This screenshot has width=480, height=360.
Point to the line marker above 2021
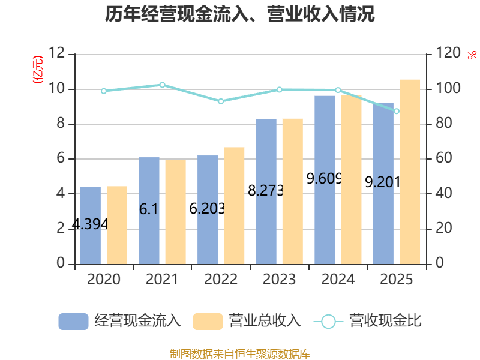click(162, 85)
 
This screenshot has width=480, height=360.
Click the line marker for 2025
click(396, 111)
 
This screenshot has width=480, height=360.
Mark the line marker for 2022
click(221, 101)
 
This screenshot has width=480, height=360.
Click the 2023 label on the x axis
click(279, 280)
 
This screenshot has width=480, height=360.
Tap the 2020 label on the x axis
click(103, 280)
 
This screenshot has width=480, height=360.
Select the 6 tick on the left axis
click(61, 159)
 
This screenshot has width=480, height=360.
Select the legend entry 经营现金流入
click(120, 321)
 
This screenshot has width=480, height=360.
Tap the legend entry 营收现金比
click(368, 321)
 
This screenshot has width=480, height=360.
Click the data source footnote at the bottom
click(240, 353)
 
